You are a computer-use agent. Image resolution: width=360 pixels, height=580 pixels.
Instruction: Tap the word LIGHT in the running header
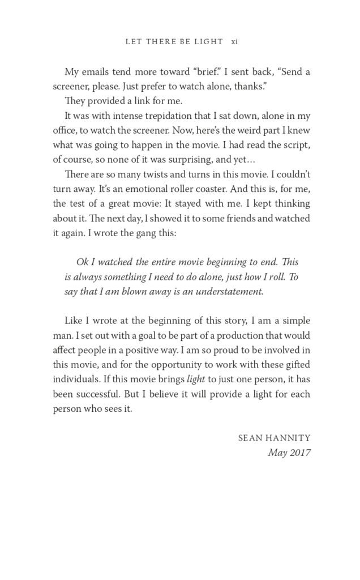tap(209, 42)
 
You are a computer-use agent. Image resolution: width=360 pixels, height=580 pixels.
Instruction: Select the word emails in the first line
tap(100, 72)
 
